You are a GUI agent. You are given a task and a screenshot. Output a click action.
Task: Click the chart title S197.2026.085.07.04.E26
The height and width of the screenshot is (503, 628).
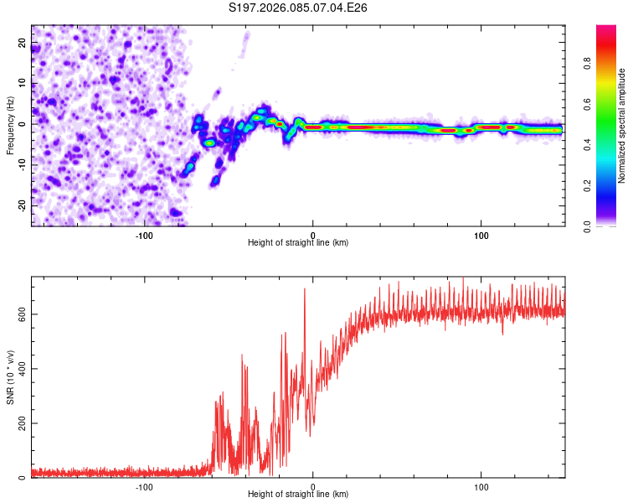click(299, 8)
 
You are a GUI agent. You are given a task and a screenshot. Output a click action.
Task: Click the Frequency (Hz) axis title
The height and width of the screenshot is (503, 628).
click(10, 126)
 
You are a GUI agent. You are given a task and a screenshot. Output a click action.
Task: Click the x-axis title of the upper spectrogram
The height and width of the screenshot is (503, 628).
click(298, 242)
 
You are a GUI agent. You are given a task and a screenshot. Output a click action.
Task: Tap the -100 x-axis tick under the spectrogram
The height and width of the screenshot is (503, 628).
click(144, 234)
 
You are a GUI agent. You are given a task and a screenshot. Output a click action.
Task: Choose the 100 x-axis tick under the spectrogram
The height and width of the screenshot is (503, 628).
click(481, 234)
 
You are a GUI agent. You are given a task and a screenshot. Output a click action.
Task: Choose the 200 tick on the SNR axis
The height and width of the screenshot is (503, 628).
click(21, 423)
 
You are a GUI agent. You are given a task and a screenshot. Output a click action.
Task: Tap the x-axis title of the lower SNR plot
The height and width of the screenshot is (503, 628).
click(298, 494)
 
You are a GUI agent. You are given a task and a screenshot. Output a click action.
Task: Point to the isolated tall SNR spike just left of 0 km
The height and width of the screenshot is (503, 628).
click(305, 290)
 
